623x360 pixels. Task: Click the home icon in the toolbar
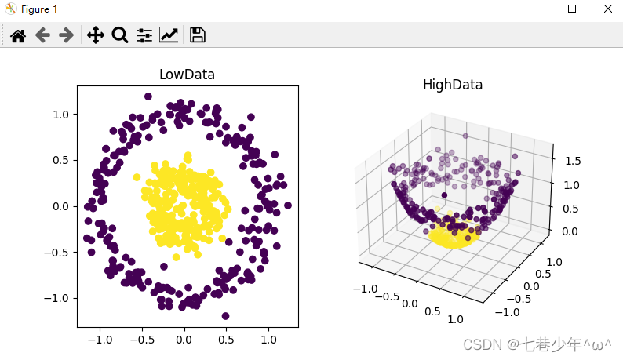tap(18, 35)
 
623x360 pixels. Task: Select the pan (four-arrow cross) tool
tap(96, 35)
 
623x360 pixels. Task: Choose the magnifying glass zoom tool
tap(119, 35)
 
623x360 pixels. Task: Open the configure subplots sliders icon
tap(144, 35)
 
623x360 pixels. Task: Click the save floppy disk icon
tap(198, 35)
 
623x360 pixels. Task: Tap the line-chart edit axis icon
tap(169, 35)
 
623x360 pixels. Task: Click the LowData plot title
tap(188, 75)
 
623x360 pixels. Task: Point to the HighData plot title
tap(453, 85)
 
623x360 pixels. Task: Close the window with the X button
tap(608, 9)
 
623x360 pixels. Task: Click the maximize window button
tap(572, 9)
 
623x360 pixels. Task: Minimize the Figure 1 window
tap(537, 9)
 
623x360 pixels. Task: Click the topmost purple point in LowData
tap(148, 96)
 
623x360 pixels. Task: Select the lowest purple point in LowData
tap(225, 316)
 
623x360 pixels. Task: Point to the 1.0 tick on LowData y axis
tap(60, 115)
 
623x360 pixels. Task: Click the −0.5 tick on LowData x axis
tap(142, 340)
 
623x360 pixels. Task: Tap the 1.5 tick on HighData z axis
tap(573, 161)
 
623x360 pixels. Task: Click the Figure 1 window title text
tap(39, 9)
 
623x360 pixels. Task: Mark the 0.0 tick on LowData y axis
tap(60, 206)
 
